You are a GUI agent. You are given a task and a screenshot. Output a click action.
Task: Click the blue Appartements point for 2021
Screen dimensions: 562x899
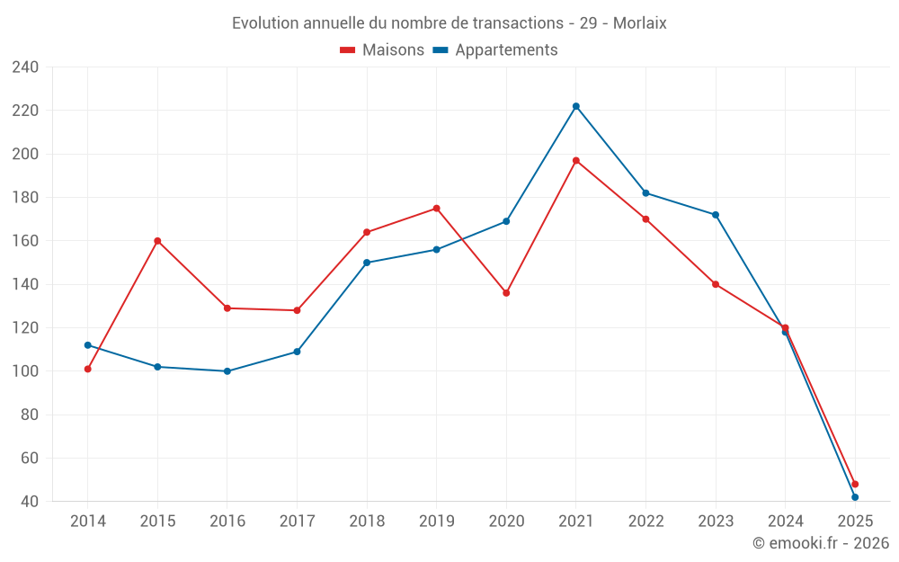pyautogui.click(x=576, y=106)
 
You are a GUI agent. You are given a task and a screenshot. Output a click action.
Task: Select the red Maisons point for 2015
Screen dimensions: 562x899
pyautogui.click(x=157, y=241)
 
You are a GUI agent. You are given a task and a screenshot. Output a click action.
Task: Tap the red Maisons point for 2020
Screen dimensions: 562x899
pyautogui.click(x=506, y=293)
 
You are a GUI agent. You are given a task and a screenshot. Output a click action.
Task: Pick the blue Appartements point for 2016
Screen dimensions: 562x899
pyautogui.click(x=227, y=371)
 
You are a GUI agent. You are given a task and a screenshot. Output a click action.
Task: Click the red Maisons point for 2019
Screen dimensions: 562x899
pyautogui.click(x=437, y=209)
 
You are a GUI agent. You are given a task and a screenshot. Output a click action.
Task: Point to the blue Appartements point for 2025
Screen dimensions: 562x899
pyautogui.click(x=855, y=497)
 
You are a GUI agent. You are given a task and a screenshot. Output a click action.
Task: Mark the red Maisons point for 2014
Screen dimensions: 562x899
pyautogui.click(x=87, y=369)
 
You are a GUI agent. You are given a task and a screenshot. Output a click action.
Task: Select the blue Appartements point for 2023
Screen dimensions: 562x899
pyautogui.click(x=716, y=215)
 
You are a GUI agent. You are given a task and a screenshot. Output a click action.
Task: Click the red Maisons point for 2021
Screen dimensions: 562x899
pyautogui.click(x=576, y=161)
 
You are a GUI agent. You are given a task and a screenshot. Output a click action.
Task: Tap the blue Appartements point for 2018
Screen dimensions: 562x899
pyautogui.click(x=367, y=263)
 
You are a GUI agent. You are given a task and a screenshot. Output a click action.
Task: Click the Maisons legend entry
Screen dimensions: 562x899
pyautogui.click(x=382, y=50)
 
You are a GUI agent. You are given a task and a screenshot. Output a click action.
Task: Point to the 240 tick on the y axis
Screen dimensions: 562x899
pyautogui.click(x=25, y=67)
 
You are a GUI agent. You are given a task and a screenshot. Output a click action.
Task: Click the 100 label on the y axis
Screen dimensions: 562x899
pyautogui.click(x=25, y=371)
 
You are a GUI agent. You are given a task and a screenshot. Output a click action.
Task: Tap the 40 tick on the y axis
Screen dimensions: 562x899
pyautogui.click(x=29, y=502)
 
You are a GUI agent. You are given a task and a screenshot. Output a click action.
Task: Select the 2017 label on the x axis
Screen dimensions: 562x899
pyautogui.click(x=297, y=522)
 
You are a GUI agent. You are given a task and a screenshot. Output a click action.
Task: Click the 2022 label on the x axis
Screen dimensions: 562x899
pyautogui.click(x=645, y=522)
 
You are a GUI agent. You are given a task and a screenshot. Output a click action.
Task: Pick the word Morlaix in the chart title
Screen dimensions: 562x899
pyautogui.click(x=639, y=23)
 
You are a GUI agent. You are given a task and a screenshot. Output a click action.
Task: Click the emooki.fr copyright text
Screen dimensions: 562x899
pyautogui.click(x=821, y=543)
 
